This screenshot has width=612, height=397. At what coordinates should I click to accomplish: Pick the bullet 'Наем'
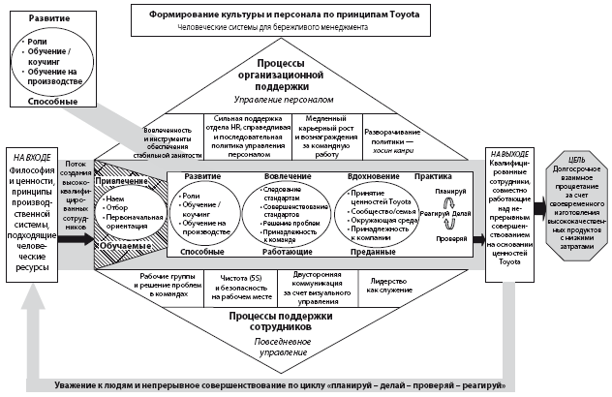point(112,196)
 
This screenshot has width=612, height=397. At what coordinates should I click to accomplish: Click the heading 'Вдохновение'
point(373,177)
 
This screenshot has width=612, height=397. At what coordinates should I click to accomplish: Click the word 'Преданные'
point(371,250)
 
